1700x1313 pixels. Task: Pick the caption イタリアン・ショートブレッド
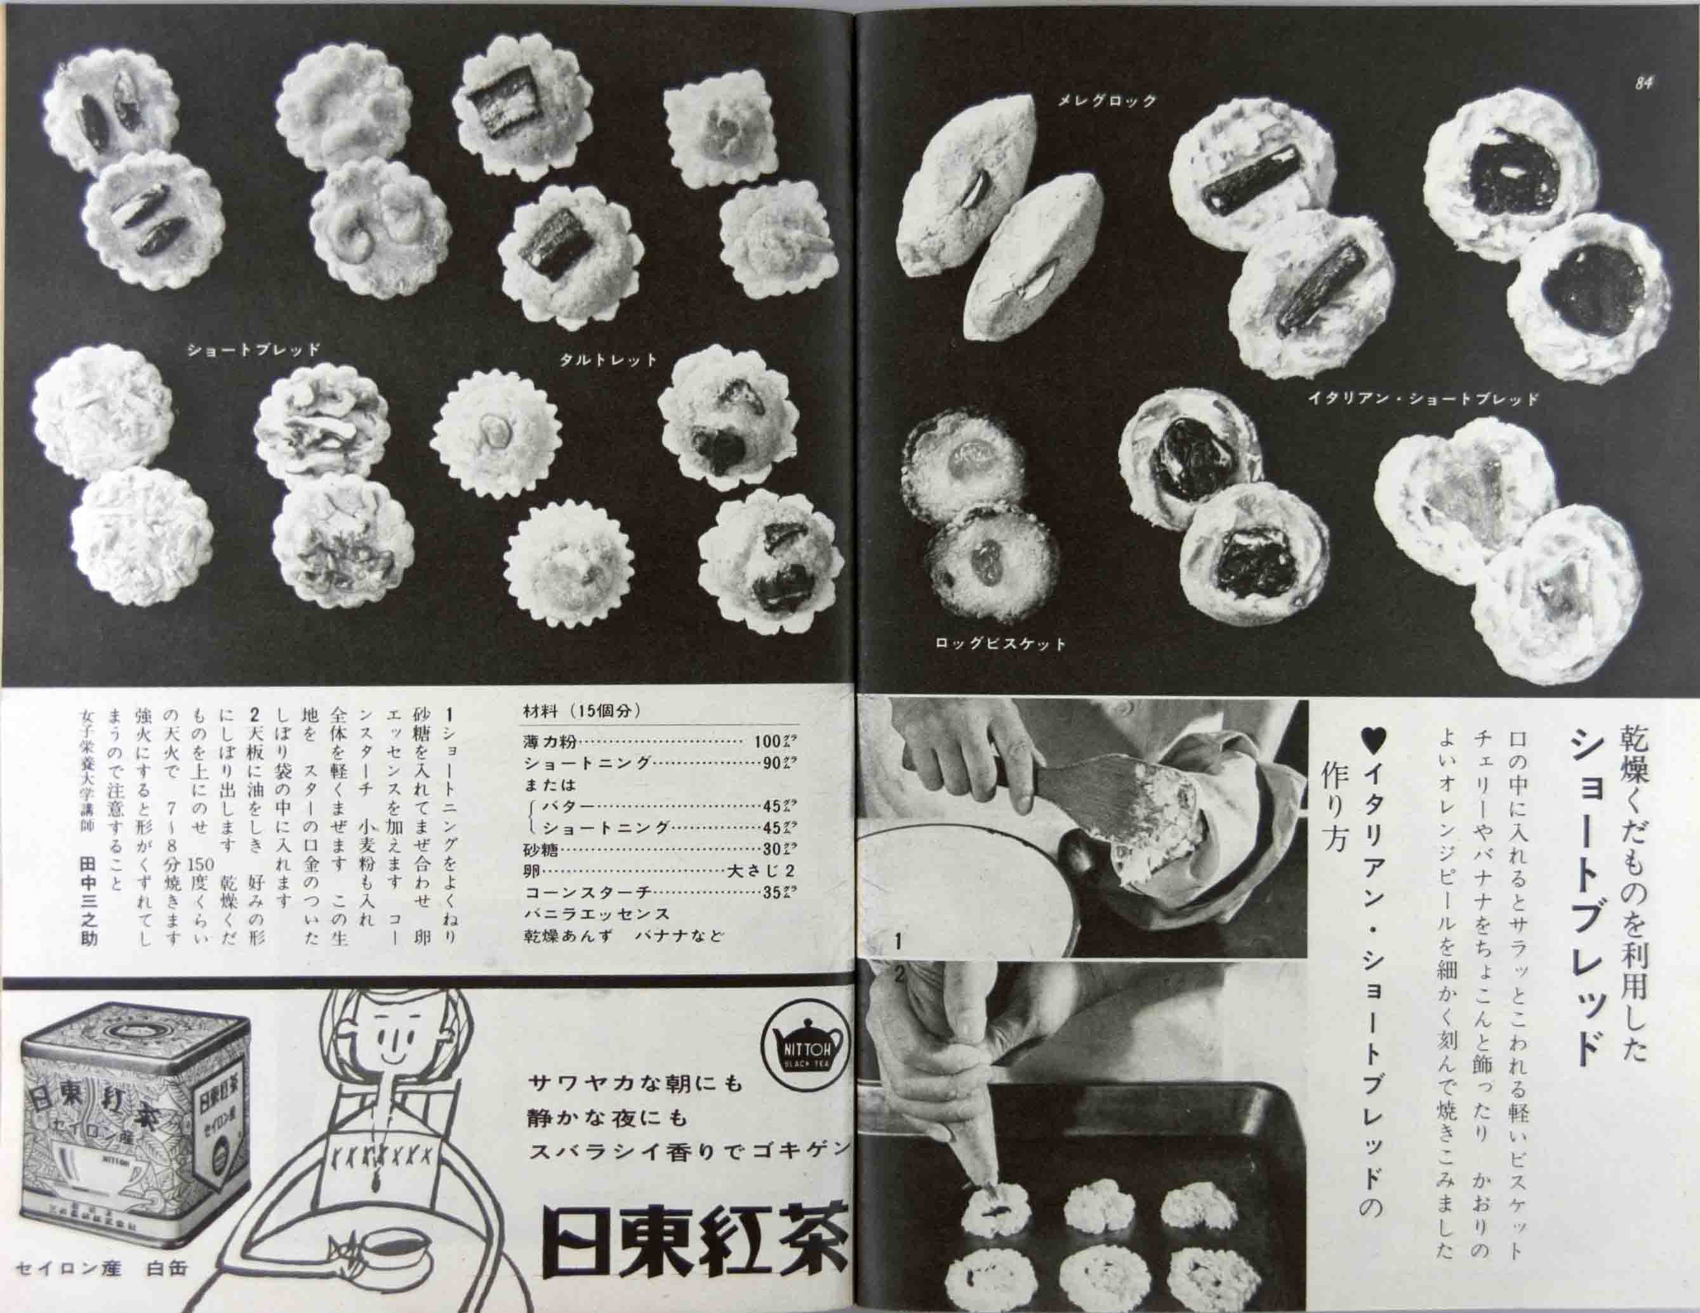tap(1423, 399)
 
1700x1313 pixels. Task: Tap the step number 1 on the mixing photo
tap(898, 941)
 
